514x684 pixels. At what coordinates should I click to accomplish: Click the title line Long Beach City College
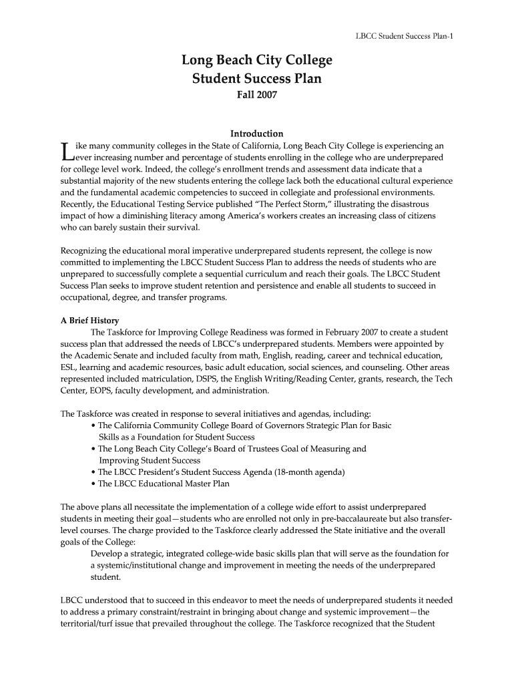[257, 61]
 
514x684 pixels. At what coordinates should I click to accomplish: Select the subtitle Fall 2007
[257, 96]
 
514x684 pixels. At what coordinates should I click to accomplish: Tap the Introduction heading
[257, 134]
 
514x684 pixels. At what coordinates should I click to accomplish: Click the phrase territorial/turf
[89, 624]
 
